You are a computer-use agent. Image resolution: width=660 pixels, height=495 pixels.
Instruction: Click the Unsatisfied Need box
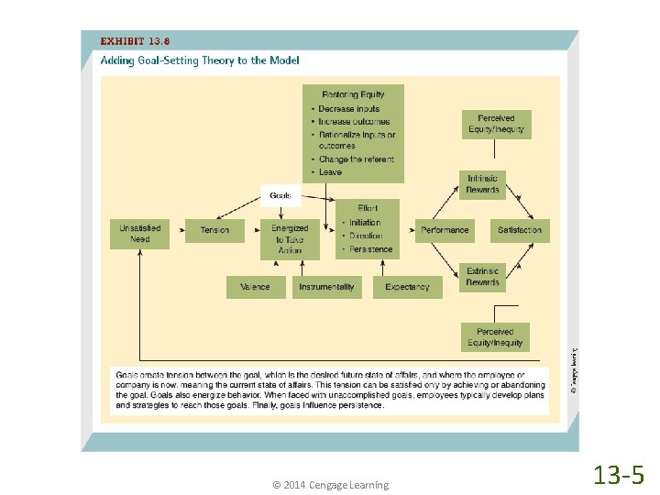coord(139,234)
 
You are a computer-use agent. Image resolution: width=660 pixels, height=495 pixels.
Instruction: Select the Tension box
coord(214,230)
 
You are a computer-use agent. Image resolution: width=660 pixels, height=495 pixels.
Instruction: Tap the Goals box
coord(280,195)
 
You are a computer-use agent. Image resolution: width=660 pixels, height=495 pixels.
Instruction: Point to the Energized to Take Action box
coord(290,238)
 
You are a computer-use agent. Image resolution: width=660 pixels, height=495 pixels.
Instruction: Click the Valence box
coord(255,287)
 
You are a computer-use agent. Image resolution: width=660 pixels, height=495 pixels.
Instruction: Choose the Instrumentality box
coord(326,287)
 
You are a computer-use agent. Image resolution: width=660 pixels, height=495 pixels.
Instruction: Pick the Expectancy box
coord(407,287)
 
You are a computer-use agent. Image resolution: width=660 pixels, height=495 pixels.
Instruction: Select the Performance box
coord(445,230)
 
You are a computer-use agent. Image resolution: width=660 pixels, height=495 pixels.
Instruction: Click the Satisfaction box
coord(520,230)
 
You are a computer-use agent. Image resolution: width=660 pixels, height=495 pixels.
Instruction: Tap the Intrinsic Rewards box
coord(482,184)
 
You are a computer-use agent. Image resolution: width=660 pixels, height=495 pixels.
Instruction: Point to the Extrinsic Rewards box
coord(482,277)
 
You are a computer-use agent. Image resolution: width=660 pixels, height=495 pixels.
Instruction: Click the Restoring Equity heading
coord(353,94)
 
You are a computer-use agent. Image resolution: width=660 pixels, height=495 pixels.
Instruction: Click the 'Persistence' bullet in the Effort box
coord(370,249)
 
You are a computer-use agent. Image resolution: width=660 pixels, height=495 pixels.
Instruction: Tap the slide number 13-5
coord(619,475)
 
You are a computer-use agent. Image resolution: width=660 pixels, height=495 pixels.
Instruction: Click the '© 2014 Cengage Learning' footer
coord(330,485)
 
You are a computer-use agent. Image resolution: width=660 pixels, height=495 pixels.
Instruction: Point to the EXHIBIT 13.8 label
coord(135,41)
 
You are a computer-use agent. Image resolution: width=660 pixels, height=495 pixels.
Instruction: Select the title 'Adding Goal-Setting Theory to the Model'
coord(200,60)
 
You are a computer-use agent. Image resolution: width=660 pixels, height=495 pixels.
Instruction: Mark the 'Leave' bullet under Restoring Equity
coord(330,171)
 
